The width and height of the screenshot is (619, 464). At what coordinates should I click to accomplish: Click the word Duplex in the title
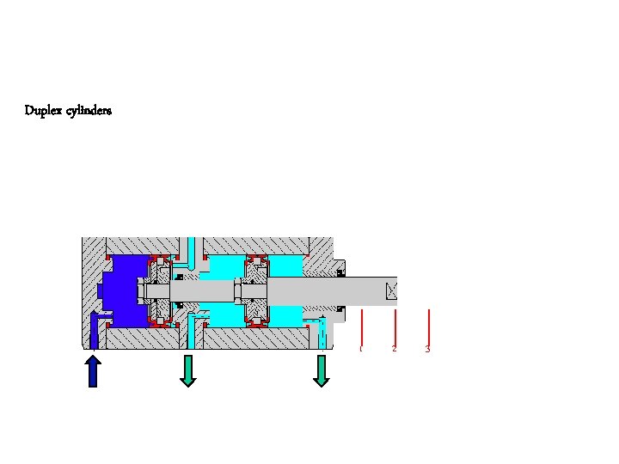[x=43, y=111]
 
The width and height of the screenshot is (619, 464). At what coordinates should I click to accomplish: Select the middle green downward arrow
[x=188, y=370]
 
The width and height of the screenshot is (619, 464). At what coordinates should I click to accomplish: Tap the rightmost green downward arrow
[x=322, y=370]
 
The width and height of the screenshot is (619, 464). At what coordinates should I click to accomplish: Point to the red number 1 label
[x=361, y=349]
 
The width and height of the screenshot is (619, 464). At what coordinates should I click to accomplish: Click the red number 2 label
[x=394, y=349]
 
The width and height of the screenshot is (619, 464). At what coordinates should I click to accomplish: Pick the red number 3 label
[x=427, y=349]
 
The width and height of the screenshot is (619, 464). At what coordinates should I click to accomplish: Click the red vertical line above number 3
[x=428, y=326]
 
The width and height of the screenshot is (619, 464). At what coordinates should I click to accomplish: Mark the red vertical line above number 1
[x=362, y=326]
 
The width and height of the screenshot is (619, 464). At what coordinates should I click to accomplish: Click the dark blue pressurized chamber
[x=120, y=292]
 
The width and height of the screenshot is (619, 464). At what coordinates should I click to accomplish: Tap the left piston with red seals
[x=158, y=291]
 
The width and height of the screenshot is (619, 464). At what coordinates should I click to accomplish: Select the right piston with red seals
[x=256, y=291]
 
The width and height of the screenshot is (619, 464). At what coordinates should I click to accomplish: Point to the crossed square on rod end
[x=392, y=291]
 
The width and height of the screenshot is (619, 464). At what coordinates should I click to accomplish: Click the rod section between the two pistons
[x=206, y=291]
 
